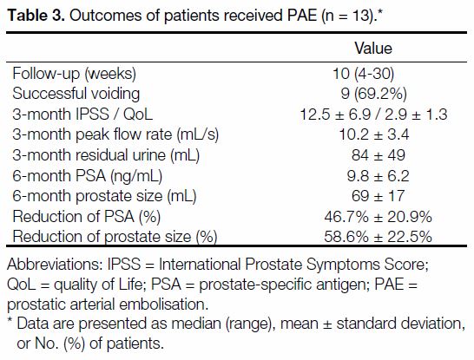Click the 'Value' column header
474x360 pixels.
373,49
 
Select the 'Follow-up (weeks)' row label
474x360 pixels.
75,74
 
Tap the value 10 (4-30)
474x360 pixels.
364,74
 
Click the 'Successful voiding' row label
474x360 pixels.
76,94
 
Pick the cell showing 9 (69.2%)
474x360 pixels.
373,94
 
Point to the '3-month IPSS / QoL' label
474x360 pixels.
82,115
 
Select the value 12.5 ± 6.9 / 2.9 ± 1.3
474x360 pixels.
373,115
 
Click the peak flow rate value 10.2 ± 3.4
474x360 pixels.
374,134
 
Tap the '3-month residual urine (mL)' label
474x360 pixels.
106,155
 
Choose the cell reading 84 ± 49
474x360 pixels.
379,155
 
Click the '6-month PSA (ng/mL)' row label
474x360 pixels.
88,176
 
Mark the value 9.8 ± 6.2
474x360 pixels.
379,176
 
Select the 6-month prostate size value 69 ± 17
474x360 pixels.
378,196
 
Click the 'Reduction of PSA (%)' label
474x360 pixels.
87,217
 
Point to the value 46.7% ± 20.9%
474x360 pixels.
378,217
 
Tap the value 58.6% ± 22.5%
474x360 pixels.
378,237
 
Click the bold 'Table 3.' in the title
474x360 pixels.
36,15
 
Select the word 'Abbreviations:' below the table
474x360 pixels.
55,265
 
